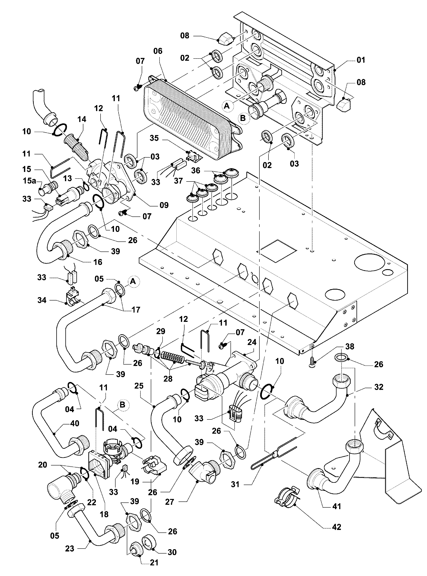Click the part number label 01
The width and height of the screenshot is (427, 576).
coord(361,60)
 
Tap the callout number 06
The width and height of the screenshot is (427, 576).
coord(158,51)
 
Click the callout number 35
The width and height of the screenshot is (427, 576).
coord(154,138)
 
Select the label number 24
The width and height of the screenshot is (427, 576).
coord(252,342)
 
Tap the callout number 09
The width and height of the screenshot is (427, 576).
coord(164,205)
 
